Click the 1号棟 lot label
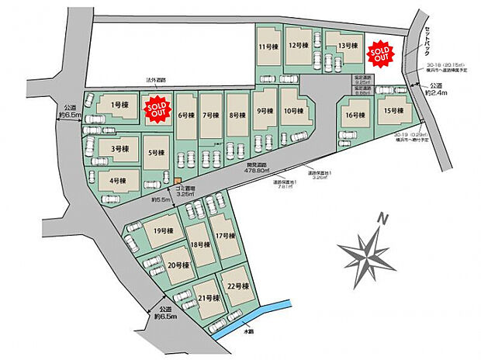(119, 104)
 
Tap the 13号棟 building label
(345, 45)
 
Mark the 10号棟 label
(292, 111)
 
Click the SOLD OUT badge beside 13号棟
(379, 52)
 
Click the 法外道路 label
(157, 80)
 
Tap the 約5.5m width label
(161, 201)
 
